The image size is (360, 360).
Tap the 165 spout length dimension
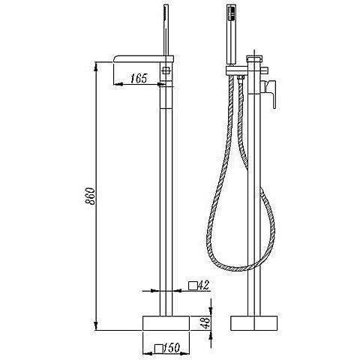pos(139,79)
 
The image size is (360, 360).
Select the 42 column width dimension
pos(203,285)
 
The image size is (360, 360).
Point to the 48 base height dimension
pos(205,323)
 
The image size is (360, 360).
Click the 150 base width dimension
pos(172,348)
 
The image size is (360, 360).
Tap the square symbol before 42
pos(193,286)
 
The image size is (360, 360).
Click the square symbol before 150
pos(159,349)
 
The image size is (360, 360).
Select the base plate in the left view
pos(166,323)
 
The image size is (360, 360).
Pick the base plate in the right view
pos(254,323)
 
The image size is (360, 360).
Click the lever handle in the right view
pos(269,93)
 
